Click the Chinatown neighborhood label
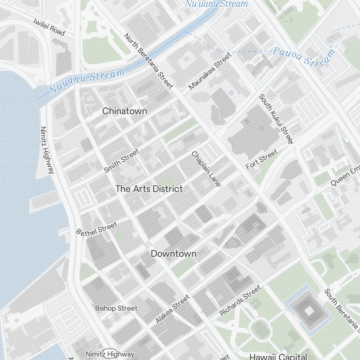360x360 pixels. (x=125, y=111)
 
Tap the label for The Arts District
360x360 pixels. (x=149, y=189)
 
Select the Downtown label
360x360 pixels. (x=174, y=253)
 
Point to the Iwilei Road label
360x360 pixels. (x=49, y=27)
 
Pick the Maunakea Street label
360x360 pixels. (x=209, y=71)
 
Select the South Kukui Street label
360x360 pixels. (x=276, y=119)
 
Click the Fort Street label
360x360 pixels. (x=262, y=159)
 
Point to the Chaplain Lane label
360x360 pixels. (x=206, y=169)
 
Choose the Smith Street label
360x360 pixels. (x=121, y=161)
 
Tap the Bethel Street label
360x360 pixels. (x=97, y=229)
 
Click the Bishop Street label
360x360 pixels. (x=116, y=308)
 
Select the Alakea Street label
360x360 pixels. (x=172, y=309)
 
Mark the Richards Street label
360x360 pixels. (x=240, y=301)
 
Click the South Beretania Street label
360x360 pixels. (x=342, y=309)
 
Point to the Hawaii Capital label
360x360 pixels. (x=278, y=356)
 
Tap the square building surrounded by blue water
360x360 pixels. (x=309, y=310)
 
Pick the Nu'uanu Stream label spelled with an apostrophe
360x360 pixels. (x=216, y=4)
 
